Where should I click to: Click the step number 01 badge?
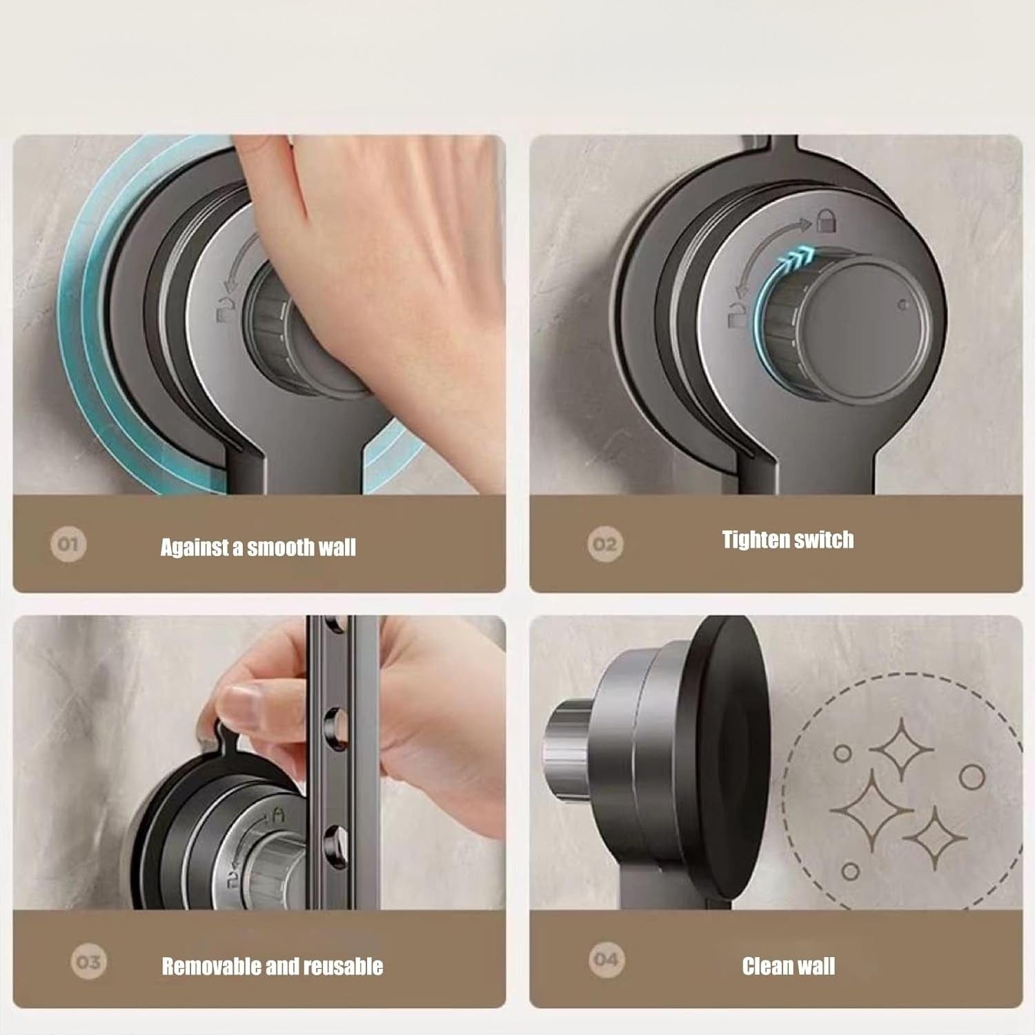pyautogui.click(x=68, y=544)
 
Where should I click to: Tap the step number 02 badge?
pyautogui.click(x=605, y=544)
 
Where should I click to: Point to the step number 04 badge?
pyautogui.click(x=606, y=959)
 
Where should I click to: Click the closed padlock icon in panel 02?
pyautogui.click(x=826, y=221)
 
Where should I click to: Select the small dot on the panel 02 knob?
pyautogui.click(x=903, y=304)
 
